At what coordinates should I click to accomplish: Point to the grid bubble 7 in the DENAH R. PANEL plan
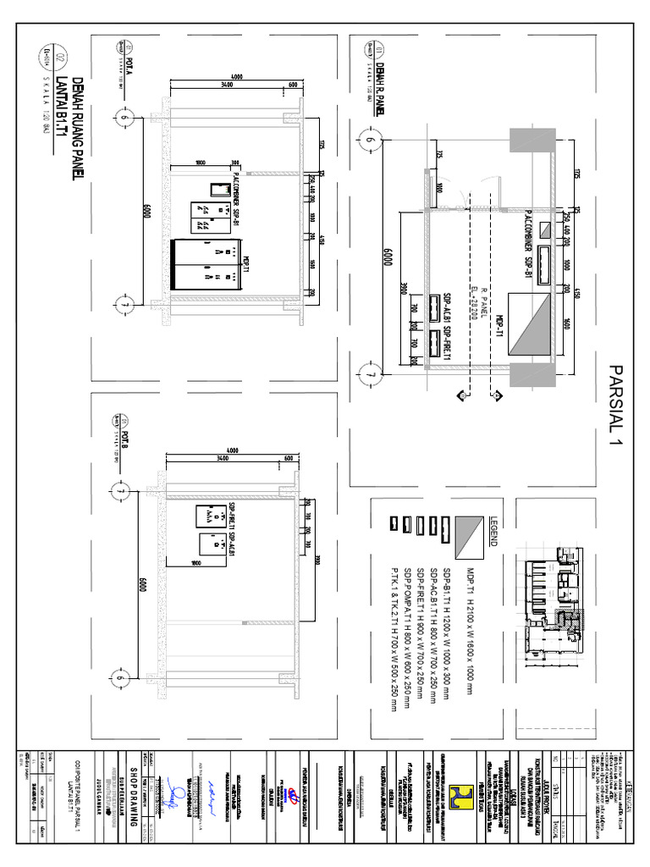coord(369,372)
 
